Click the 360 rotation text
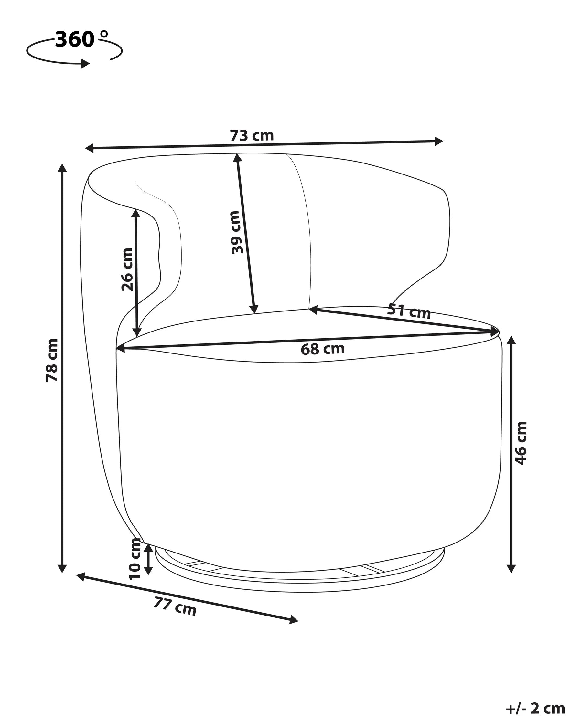tap(75, 39)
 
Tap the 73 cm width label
tap(252, 136)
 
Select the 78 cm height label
tap(52, 360)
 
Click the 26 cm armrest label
tap(127, 269)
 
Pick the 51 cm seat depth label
tap(409, 311)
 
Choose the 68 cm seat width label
tap(323, 349)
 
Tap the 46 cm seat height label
tap(521, 443)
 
